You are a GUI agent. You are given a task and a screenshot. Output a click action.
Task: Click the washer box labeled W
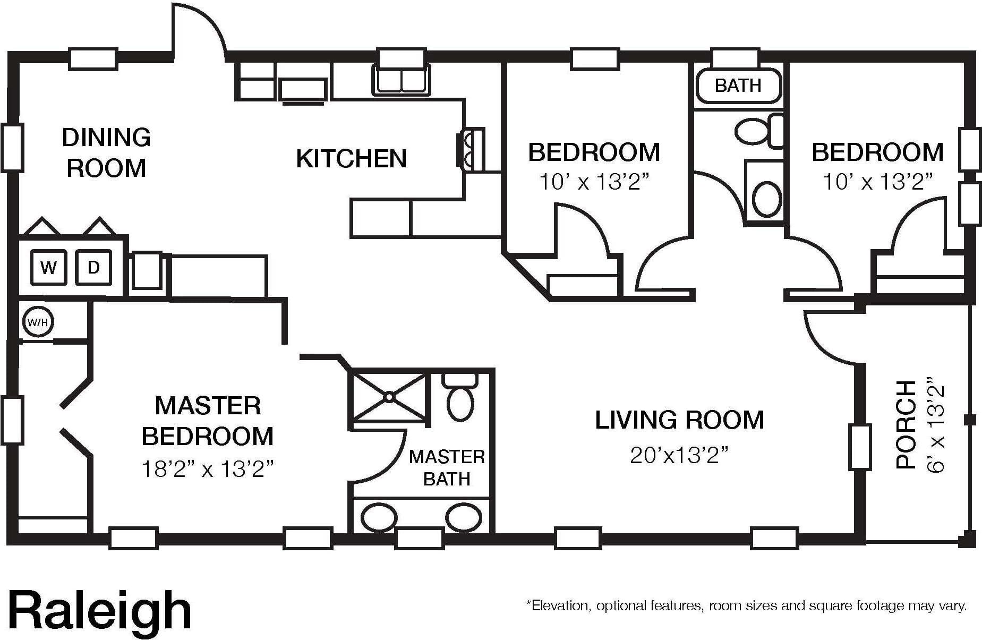(x=48, y=267)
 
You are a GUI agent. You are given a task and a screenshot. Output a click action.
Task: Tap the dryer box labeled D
(x=93, y=267)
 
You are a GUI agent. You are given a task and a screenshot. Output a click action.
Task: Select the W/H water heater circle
(x=38, y=322)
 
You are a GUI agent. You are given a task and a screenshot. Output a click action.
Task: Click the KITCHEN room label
(x=351, y=159)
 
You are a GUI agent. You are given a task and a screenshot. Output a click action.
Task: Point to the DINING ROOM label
(x=106, y=153)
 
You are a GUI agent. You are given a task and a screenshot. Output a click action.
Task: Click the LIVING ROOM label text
(x=679, y=420)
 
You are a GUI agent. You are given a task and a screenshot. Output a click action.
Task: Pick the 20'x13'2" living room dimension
(x=679, y=455)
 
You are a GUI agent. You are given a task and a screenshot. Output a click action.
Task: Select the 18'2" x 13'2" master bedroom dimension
(x=207, y=469)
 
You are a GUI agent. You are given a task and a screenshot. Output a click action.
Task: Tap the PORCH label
(x=906, y=424)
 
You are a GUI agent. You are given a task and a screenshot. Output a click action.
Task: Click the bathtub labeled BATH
(x=738, y=86)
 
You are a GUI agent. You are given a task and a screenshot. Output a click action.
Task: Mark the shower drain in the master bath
(x=389, y=397)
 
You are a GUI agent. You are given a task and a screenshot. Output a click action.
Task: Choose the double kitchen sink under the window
(x=402, y=80)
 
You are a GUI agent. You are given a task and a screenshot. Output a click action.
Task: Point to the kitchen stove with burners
(x=471, y=149)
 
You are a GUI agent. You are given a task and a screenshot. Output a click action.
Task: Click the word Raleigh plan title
(x=100, y=611)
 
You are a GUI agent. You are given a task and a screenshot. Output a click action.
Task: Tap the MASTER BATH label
(x=447, y=468)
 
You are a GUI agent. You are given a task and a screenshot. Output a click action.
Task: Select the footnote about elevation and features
(x=746, y=605)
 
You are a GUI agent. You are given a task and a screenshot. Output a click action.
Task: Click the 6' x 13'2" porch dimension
(x=936, y=425)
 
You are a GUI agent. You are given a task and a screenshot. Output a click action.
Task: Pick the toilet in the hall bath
(x=760, y=130)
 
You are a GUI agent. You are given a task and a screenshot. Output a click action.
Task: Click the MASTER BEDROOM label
(x=208, y=421)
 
